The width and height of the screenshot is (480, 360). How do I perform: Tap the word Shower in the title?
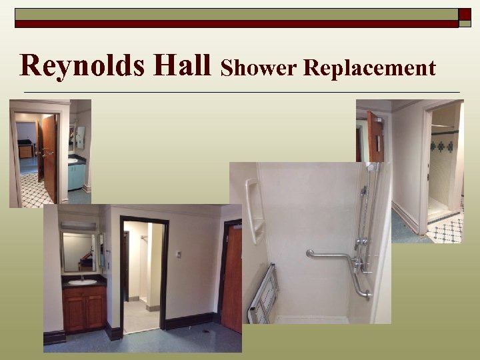(258, 68)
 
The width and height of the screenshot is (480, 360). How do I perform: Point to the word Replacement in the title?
(369, 68)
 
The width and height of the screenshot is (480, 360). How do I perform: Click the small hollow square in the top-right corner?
(465, 13)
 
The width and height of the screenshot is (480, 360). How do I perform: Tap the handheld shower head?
(371, 169)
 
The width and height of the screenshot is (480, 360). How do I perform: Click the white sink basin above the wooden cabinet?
(82, 282)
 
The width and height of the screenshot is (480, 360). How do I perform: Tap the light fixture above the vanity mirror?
(79, 225)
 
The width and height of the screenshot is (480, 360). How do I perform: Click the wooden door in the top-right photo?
(375, 137)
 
